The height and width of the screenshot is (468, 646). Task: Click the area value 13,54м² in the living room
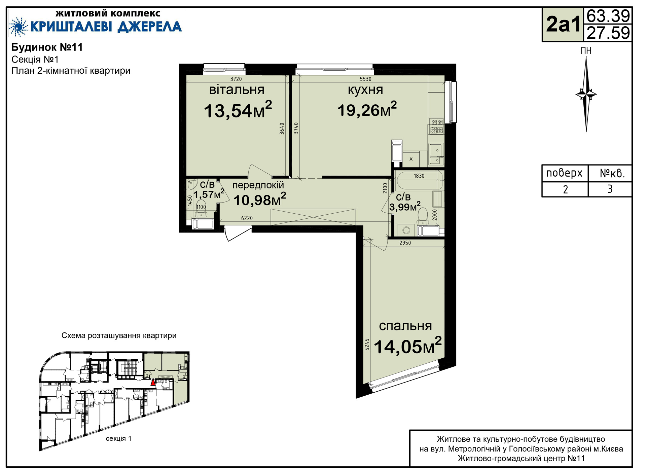pyautogui.click(x=238, y=109)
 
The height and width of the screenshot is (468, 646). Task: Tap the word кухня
pyautogui.click(x=365, y=90)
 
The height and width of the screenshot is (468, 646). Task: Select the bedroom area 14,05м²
pyautogui.click(x=407, y=346)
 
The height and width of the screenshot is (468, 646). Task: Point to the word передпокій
pyautogui.click(x=258, y=185)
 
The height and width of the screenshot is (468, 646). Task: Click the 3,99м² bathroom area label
pyautogui.click(x=405, y=206)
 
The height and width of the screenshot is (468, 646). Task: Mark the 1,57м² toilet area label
pyautogui.click(x=209, y=194)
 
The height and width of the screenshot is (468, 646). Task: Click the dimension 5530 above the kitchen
pyautogui.click(x=365, y=79)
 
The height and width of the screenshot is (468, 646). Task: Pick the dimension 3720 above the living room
pyautogui.click(x=236, y=79)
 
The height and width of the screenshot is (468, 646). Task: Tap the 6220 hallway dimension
pyautogui.click(x=247, y=218)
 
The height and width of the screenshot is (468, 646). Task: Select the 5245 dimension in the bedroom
pyautogui.click(x=367, y=345)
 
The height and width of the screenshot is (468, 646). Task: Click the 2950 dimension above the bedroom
pyautogui.click(x=405, y=243)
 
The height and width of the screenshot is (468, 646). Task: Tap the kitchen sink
pyautogui.click(x=436, y=154)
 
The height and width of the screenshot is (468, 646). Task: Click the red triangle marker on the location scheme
pyautogui.click(x=153, y=382)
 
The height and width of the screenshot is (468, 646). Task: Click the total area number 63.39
pyautogui.click(x=608, y=15)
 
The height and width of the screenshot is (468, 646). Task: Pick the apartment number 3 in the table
pyautogui.click(x=610, y=189)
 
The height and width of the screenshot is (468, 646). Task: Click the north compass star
pyautogui.click(x=586, y=94)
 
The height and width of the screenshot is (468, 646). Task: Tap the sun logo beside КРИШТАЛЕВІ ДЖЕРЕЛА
pyautogui.click(x=18, y=27)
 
